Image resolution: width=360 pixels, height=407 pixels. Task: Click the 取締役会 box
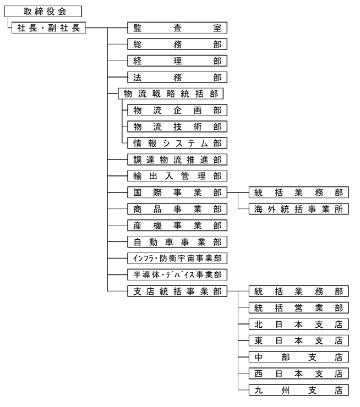[x=43, y=12]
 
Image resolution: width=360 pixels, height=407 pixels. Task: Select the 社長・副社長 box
[x=48, y=28]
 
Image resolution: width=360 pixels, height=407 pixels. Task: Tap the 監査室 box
[x=177, y=28]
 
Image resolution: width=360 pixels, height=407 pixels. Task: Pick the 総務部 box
[x=177, y=45]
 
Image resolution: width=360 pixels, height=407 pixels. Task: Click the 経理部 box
[x=177, y=61]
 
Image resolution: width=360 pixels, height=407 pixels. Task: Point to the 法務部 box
[x=177, y=78]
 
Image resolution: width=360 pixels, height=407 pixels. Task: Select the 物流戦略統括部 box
[x=171, y=94]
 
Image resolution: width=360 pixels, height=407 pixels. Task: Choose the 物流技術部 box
[x=177, y=127]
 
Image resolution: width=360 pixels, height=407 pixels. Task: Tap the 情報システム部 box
[x=177, y=143]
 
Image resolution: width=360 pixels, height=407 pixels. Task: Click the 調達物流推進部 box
[x=177, y=159]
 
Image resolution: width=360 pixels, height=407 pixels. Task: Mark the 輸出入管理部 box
[x=177, y=176]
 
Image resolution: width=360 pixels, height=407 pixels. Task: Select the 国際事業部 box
[x=177, y=193]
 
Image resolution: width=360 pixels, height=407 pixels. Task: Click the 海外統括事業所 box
[x=298, y=209]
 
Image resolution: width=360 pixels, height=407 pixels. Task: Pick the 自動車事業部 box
[x=177, y=242]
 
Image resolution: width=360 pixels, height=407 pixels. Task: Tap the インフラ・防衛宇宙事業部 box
[x=177, y=258]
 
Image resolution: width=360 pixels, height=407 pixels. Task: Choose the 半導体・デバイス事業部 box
[x=177, y=274]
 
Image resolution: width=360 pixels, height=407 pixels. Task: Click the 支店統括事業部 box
[x=177, y=291]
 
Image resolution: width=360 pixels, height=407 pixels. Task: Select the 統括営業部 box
[x=298, y=308]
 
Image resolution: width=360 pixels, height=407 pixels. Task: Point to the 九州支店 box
[x=298, y=390]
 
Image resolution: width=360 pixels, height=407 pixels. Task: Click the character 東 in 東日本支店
[x=258, y=341]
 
